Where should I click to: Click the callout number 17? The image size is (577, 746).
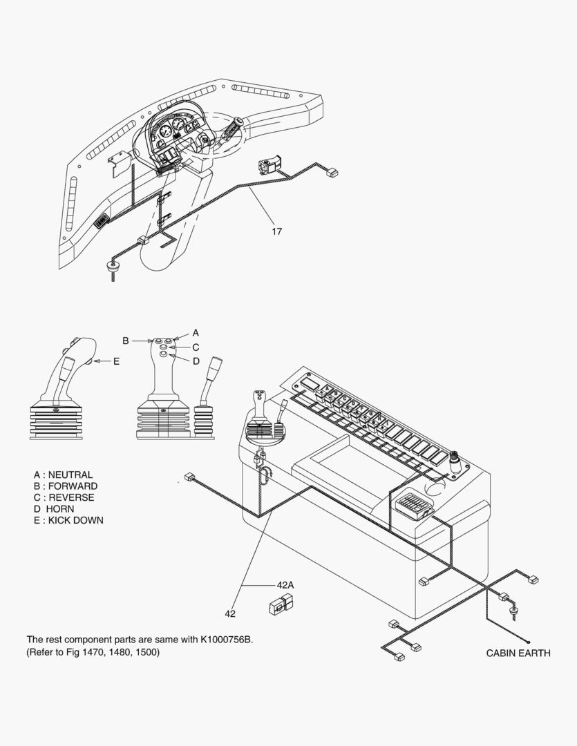(x=276, y=231)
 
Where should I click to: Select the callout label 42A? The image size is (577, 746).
(x=285, y=585)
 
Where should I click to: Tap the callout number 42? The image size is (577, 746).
(x=230, y=614)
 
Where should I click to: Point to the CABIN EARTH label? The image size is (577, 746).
(x=518, y=653)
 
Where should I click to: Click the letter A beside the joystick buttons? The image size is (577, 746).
(x=195, y=333)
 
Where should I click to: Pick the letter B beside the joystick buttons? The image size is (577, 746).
(x=126, y=341)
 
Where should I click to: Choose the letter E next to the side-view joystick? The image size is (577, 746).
(x=117, y=361)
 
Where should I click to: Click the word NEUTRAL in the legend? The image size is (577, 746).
(x=70, y=475)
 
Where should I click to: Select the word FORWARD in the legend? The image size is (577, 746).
(x=73, y=486)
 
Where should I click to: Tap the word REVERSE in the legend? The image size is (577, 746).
(x=71, y=497)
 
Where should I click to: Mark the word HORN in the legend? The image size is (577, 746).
(x=60, y=509)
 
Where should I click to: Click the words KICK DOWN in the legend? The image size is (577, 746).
(x=76, y=521)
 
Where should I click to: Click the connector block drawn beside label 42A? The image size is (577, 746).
(x=281, y=604)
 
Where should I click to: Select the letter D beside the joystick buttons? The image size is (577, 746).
(x=196, y=361)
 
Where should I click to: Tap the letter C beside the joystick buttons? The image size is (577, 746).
(x=196, y=347)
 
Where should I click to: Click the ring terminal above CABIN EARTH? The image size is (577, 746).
(x=529, y=642)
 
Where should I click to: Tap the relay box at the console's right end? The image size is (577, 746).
(x=412, y=505)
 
